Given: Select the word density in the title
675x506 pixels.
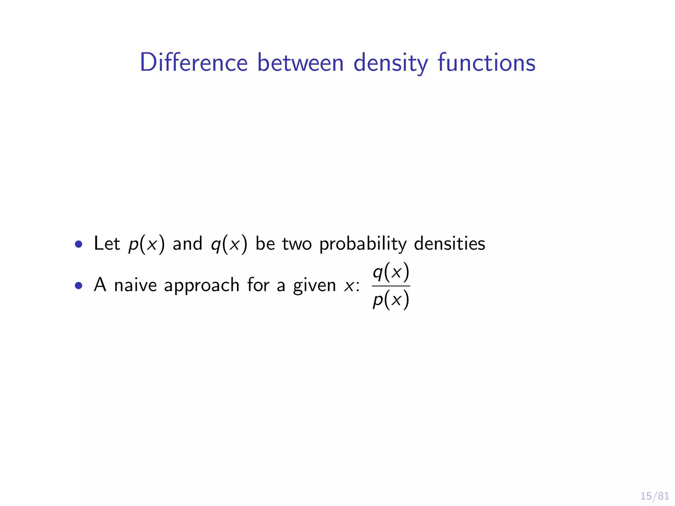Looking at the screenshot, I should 391,63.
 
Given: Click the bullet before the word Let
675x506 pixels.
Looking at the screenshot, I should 78,244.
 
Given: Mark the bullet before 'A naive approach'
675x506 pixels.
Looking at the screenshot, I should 78,285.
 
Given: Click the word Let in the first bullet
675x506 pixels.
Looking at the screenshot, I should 107,243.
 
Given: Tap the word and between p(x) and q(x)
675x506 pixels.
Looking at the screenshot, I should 187,244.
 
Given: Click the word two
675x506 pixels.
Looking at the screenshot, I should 297,244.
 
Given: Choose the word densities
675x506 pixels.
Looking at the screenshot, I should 450,244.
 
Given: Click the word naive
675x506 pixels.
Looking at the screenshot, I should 135,285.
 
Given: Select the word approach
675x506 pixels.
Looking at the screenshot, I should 201,286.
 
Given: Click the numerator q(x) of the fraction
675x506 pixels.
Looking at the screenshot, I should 391,272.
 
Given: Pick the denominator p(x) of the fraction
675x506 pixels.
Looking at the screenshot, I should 391,300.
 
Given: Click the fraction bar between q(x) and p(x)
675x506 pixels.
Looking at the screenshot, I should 391,286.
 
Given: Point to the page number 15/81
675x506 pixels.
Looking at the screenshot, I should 655,496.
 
